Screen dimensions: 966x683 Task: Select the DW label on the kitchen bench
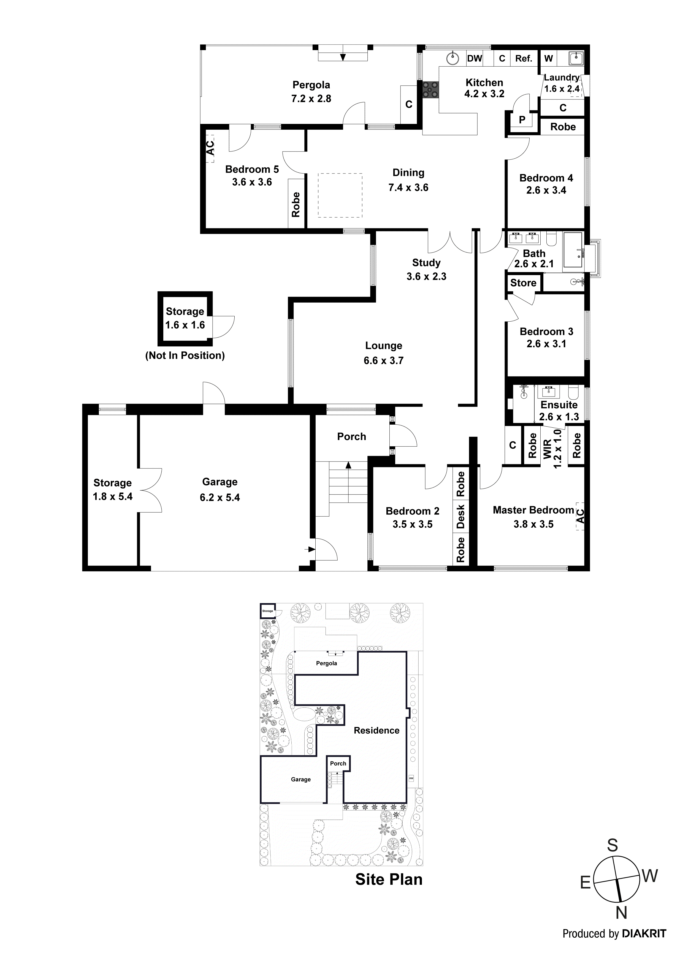coord(474,58)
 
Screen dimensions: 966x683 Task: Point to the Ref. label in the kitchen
coord(524,58)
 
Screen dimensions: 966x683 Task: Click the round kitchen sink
coord(452,58)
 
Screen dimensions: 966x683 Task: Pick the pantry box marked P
coord(522,120)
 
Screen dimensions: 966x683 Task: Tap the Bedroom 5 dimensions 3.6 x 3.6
coord(252,182)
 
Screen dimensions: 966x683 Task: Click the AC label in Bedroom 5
coord(210,148)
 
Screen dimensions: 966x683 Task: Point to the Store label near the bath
coord(523,283)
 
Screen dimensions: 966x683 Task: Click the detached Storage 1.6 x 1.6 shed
coord(185,318)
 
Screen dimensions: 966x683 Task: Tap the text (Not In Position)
coord(185,356)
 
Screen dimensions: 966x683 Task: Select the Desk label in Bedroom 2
coord(460,517)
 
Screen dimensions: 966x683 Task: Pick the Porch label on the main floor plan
coord(351,437)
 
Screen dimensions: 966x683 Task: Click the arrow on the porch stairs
coord(348,465)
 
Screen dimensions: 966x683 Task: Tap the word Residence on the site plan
coord(376,730)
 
